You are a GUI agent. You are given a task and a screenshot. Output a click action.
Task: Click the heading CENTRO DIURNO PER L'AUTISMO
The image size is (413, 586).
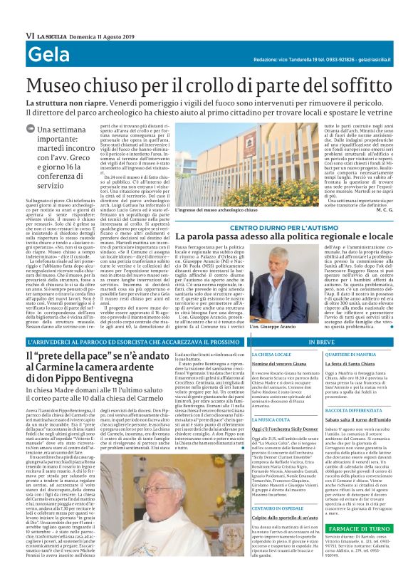[x=281, y=226]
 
